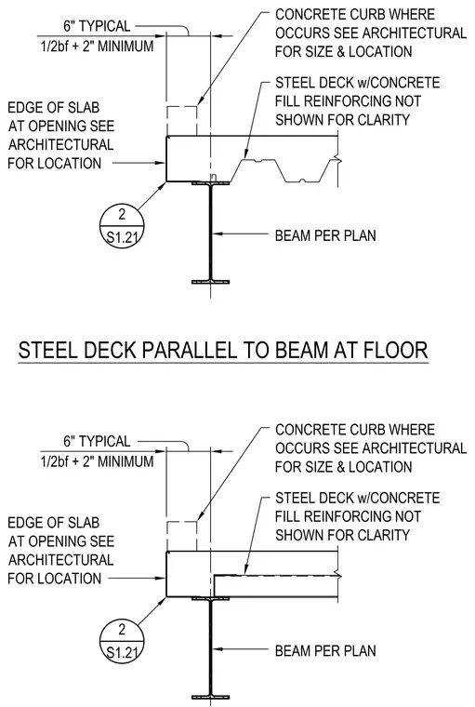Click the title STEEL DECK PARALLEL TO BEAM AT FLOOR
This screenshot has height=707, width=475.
223,351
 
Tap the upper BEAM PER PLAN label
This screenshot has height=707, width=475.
325,235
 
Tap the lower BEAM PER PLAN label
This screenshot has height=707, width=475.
325,650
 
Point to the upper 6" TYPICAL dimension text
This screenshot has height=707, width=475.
97,26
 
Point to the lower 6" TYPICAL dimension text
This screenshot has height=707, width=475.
97,441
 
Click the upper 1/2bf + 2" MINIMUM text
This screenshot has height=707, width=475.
98,46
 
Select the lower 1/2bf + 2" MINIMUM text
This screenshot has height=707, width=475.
98,461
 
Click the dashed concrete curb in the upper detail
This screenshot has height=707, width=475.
181,107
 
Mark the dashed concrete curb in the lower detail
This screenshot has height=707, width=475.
181,522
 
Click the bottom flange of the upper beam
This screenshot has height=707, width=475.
210,282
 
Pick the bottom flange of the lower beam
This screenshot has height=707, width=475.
210,698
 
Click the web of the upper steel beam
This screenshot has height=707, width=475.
210,233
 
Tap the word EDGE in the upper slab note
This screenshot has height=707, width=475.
24,108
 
